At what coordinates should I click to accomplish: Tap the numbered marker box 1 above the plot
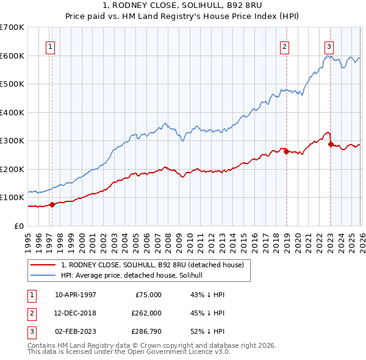[50, 46]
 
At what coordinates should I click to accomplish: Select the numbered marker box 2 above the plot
[284, 46]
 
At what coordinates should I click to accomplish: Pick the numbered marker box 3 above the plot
[329, 46]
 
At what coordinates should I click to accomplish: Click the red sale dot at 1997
[52, 204]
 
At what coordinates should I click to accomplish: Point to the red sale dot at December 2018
[286, 151]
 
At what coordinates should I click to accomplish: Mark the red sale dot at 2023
[331, 145]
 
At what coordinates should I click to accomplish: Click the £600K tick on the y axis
[12, 56]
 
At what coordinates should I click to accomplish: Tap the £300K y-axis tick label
[12, 141]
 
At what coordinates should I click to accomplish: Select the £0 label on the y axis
[19, 226]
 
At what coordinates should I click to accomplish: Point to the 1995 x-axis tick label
[28, 242]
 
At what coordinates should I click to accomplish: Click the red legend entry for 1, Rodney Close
[152, 265]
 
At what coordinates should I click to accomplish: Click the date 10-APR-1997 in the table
[76, 294]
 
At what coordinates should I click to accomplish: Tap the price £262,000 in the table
[146, 312]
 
